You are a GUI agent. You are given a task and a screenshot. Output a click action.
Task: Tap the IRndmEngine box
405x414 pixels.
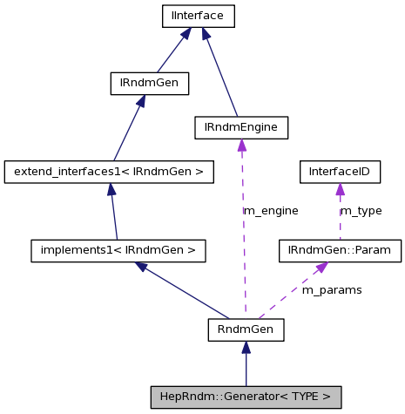(x=240, y=127)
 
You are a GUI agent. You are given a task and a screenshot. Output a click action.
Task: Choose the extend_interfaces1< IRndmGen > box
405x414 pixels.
(x=109, y=172)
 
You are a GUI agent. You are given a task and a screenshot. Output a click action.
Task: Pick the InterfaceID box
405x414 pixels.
(x=339, y=172)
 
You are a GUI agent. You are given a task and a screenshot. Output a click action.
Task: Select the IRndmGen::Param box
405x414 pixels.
(x=340, y=251)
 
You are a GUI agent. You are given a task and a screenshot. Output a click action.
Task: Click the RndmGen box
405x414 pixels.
(x=246, y=329)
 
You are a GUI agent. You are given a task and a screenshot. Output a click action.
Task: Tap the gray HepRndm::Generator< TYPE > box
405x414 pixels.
(x=246, y=397)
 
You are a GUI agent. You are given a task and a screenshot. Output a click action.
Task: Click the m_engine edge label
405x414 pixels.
(x=270, y=211)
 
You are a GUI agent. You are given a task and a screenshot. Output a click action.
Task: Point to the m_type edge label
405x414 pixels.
(x=361, y=211)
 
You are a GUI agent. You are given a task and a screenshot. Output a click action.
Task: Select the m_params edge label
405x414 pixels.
(x=331, y=289)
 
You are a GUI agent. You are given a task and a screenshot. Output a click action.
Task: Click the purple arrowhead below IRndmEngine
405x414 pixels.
(x=241, y=146)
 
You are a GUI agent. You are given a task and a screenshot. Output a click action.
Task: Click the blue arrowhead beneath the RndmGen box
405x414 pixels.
(x=246, y=348)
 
